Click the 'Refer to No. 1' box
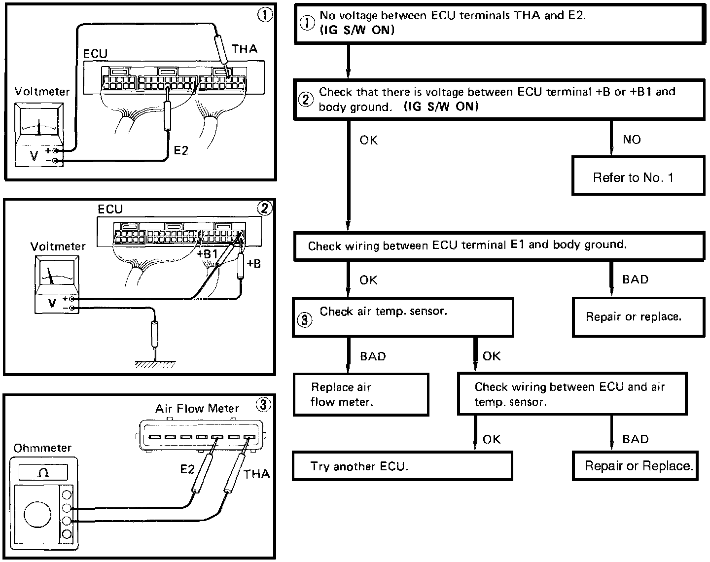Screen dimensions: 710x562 (x=639, y=176)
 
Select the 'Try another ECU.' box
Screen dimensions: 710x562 (x=402, y=466)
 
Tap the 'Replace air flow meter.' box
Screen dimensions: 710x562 (x=361, y=394)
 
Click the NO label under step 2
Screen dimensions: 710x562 (x=632, y=140)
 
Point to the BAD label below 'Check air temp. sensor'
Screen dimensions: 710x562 (x=373, y=356)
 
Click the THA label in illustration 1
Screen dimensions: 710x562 (x=245, y=49)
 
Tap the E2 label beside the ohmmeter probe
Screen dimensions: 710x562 (x=187, y=469)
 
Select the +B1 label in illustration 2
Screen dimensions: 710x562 (x=207, y=254)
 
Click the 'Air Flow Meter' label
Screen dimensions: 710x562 (x=197, y=409)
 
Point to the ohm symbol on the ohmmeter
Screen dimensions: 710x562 (x=43, y=473)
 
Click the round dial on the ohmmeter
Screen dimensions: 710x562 (x=37, y=515)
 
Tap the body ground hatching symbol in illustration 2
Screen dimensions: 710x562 (x=155, y=364)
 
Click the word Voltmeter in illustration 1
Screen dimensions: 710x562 (x=42, y=91)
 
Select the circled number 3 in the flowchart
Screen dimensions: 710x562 (x=305, y=319)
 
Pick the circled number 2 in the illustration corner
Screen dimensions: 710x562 (x=265, y=208)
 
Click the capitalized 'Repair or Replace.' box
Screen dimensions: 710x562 (x=635, y=466)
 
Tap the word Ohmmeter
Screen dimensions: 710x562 (x=42, y=448)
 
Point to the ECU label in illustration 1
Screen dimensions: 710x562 (x=95, y=54)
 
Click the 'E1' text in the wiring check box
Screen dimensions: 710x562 (x=517, y=245)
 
